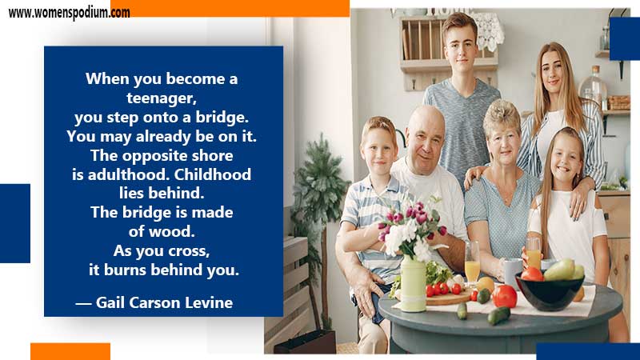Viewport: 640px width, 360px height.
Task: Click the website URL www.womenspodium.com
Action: pyautogui.click(x=69, y=13)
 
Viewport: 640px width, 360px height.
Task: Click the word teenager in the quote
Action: pyautogui.click(x=162, y=98)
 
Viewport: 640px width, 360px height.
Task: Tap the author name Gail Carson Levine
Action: pyautogui.click(x=164, y=302)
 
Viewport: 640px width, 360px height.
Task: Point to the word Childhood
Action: pyautogui.click(x=213, y=174)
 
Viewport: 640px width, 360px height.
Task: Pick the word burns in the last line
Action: pyautogui.click(x=126, y=270)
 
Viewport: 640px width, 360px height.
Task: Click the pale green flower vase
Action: pyautogui.click(x=413, y=284)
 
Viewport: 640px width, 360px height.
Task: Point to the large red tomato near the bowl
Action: pyautogui.click(x=505, y=296)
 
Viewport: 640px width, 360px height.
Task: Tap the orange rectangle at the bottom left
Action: pyautogui.click(x=70, y=351)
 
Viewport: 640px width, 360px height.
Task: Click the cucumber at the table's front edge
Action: pyautogui.click(x=498, y=315)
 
